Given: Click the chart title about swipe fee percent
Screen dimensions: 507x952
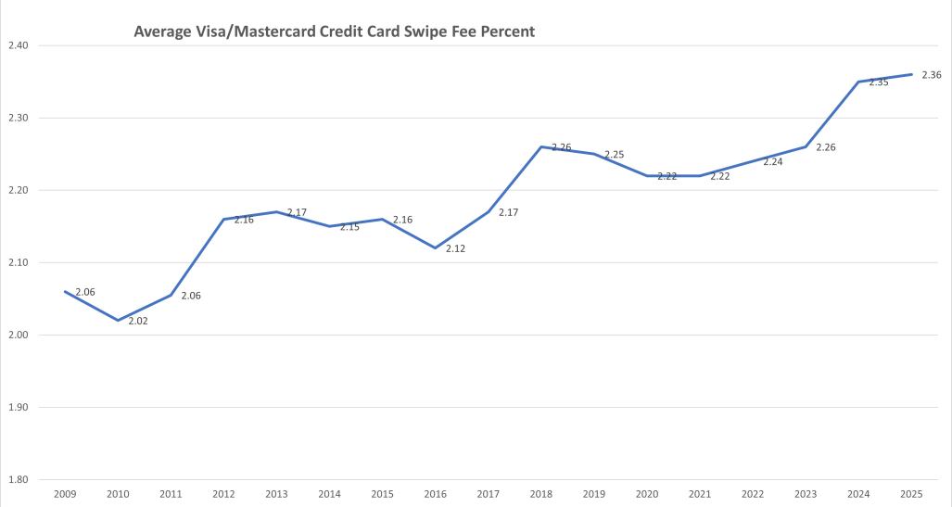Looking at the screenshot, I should pyautogui.click(x=334, y=32).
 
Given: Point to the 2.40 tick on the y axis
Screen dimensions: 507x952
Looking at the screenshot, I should pyautogui.click(x=18, y=45).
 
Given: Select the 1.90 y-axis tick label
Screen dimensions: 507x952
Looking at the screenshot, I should pyautogui.click(x=18, y=408).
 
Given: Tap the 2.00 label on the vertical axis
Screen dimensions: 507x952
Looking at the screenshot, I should pyautogui.click(x=18, y=336).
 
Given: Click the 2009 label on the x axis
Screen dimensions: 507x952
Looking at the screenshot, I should pyautogui.click(x=65, y=495).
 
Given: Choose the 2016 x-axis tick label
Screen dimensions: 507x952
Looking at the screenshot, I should pyautogui.click(x=435, y=495).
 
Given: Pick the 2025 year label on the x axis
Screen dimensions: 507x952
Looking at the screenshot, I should pyautogui.click(x=911, y=495).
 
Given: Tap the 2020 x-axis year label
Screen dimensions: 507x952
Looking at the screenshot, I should pyautogui.click(x=647, y=495).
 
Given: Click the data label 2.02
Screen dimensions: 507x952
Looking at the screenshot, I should pyautogui.click(x=138, y=321).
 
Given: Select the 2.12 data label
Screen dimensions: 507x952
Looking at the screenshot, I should pyautogui.click(x=455, y=248).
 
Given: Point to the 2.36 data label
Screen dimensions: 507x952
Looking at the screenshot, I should pyautogui.click(x=932, y=75).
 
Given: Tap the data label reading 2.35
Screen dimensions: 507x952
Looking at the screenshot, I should pyautogui.click(x=879, y=82).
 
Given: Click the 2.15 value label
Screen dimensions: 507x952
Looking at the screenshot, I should pyautogui.click(x=349, y=227).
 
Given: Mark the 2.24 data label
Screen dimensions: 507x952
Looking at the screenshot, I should pyautogui.click(x=773, y=161).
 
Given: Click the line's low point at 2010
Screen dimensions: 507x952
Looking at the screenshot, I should pyautogui.click(x=118, y=320).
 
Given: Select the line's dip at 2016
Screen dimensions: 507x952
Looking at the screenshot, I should pyautogui.click(x=435, y=247).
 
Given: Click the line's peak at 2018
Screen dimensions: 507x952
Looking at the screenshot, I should pyautogui.click(x=541, y=146).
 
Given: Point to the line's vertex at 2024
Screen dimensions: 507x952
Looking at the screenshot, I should pyautogui.click(x=858, y=82).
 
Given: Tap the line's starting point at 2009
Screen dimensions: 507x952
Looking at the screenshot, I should pyautogui.click(x=65, y=291).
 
